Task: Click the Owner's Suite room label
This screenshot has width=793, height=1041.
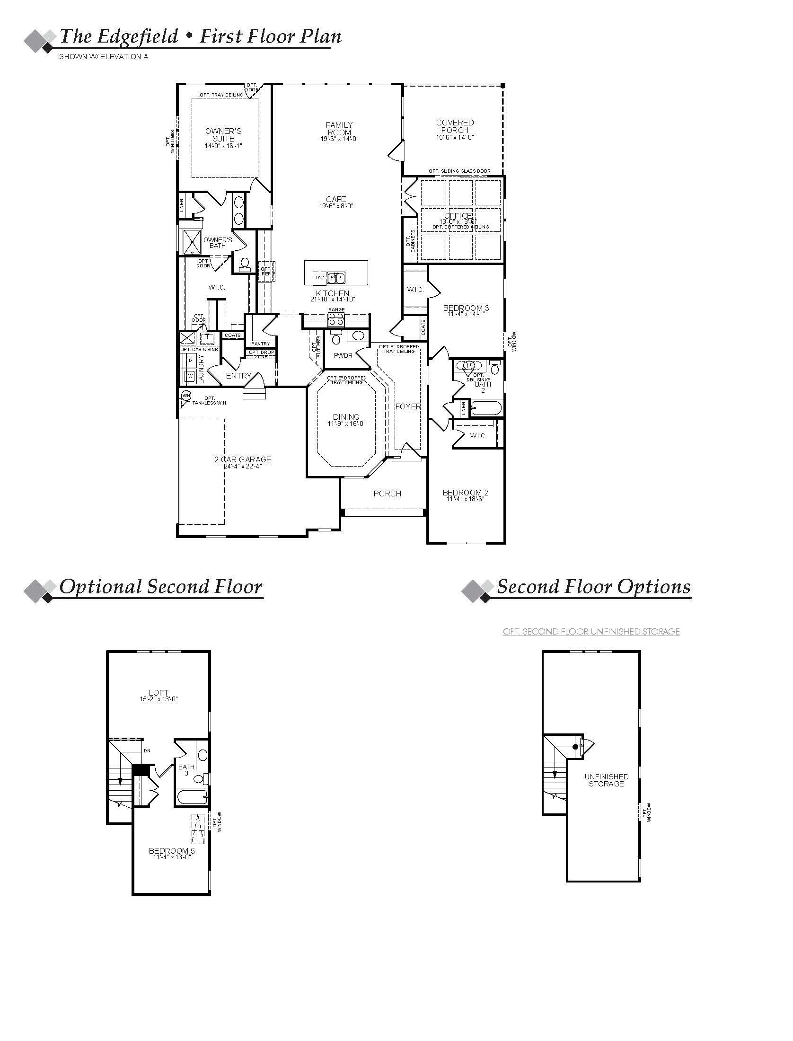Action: pyautogui.click(x=223, y=134)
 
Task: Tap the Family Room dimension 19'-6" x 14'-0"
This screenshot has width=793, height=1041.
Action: pyautogui.click(x=339, y=139)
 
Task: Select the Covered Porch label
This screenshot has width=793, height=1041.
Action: pyautogui.click(x=455, y=126)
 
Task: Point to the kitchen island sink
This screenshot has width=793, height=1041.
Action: pyautogui.click(x=337, y=277)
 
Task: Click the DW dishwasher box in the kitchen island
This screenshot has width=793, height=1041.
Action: pyautogui.click(x=320, y=278)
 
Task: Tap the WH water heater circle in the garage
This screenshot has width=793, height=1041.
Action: pyautogui.click(x=185, y=395)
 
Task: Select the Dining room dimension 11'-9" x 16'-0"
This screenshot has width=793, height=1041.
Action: pyautogui.click(x=346, y=423)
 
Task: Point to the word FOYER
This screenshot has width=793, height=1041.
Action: pyautogui.click(x=408, y=406)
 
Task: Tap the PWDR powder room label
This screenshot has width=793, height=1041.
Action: pyautogui.click(x=343, y=355)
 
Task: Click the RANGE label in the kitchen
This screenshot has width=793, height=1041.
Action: pyautogui.click(x=336, y=310)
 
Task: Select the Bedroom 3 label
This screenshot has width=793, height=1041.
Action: pyautogui.click(x=466, y=308)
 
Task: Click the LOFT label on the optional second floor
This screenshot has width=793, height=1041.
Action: pyautogui.click(x=159, y=693)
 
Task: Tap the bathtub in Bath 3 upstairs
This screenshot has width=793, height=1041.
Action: pyautogui.click(x=192, y=797)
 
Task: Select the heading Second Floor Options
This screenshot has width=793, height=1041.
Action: pyautogui.click(x=594, y=587)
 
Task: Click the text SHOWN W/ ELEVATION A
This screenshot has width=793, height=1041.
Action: pyautogui.click(x=104, y=57)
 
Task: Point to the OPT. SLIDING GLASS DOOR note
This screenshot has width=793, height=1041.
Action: pyautogui.click(x=459, y=171)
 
